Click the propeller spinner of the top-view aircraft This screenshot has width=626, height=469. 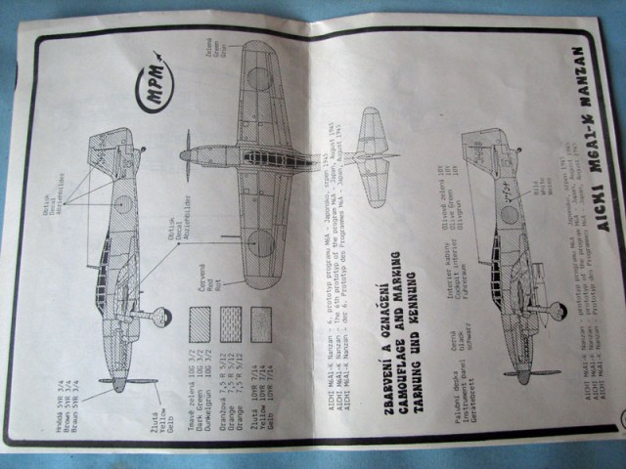pyautogui.click(x=185, y=155)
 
